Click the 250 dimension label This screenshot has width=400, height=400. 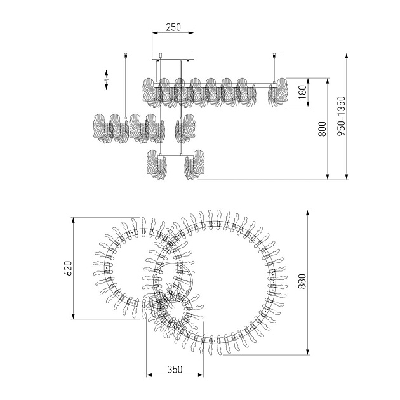click(173, 27)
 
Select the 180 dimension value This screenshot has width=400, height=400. click(302, 92)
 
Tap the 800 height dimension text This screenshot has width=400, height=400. click(322, 129)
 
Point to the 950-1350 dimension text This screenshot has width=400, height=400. click(341, 116)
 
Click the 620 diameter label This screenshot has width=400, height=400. click(68, 269)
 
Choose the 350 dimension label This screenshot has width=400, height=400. click(175, 370)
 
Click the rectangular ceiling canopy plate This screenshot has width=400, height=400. click(173, 56)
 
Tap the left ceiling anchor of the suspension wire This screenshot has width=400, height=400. click(126, 55)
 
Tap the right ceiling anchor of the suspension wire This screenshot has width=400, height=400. click(274, 55)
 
